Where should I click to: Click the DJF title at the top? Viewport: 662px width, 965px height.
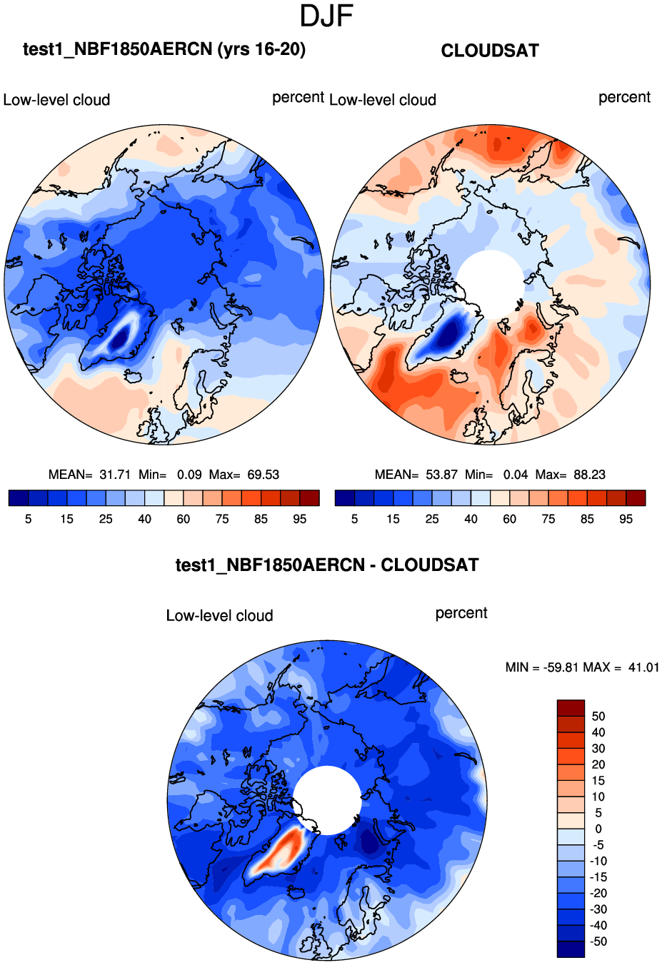tap(326, 16)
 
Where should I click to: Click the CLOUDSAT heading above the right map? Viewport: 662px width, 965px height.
tap(490, 51)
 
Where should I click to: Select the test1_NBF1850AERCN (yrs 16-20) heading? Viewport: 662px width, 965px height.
tap(164, 49)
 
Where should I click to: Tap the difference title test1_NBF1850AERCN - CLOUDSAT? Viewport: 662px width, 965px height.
tap(327, 565)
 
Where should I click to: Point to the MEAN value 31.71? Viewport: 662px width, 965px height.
tap(115, 475)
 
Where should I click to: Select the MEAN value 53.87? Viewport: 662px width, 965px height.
tap(441, 475)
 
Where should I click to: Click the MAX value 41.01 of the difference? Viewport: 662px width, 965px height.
tap(643, 667)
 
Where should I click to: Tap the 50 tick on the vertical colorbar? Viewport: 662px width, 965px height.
tap(598, 716)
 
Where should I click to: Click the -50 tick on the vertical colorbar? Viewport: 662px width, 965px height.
tap(598, 941)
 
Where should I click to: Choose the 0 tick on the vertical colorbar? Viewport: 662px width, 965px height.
tap(598, 829)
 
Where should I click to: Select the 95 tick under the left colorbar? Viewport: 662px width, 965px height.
tap(300, 519)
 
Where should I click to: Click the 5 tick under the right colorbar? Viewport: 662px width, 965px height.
tap(354, 519)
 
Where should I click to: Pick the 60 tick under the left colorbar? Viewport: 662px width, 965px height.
tap(184, 519)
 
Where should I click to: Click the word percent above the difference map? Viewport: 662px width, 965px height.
tap(461, 613)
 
